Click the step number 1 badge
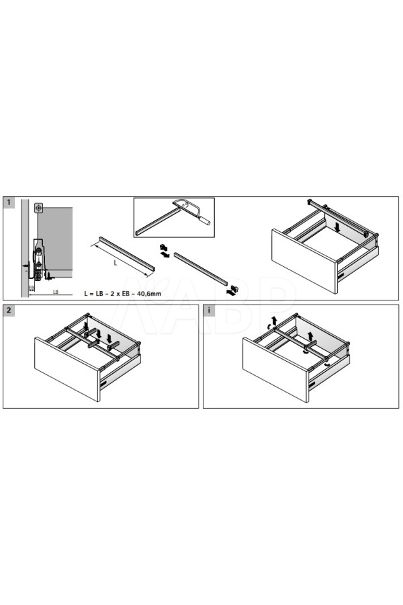pyautogui.click(x=9, y=202)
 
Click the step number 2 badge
pyautogui.click(x=9, y=310)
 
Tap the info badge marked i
pyautogui.click(x=209, y=310)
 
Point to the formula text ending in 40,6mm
pyautogui.click(x=123, y=294)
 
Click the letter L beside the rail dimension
pyautogui.click(x=116, y=263)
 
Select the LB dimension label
pyautogui.click(x=56, y=292)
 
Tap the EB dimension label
pyautogui.click(x=32, y=288)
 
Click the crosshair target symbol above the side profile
pyautogui.click(x=38, y=208)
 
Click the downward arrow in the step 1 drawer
pyautogui.click(x=338, y=227)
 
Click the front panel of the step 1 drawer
pyautogui.click(x=304, y=261)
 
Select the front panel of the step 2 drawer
pyautogui.click(x=67, y=369)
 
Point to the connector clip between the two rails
pyautogui.click(x=165, y=251)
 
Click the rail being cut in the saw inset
pyautogui.click(x=157, y=221)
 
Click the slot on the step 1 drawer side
pyautogui.click(x=342, y=276)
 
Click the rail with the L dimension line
pyautogui.click(x=127, y=253)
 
